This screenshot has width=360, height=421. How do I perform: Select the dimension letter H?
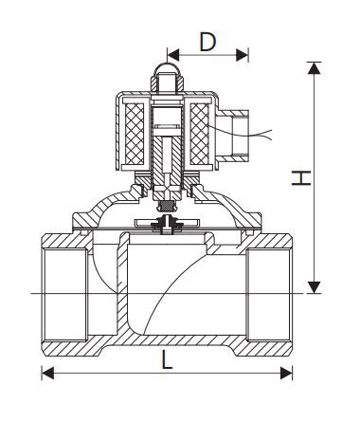click(x=299, y=177)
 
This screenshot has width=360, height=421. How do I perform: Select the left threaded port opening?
click(x=63, y=293)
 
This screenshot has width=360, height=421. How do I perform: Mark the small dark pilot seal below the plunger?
click(x=167, y=202)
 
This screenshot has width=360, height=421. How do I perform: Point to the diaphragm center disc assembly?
click(x=167, y=225)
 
